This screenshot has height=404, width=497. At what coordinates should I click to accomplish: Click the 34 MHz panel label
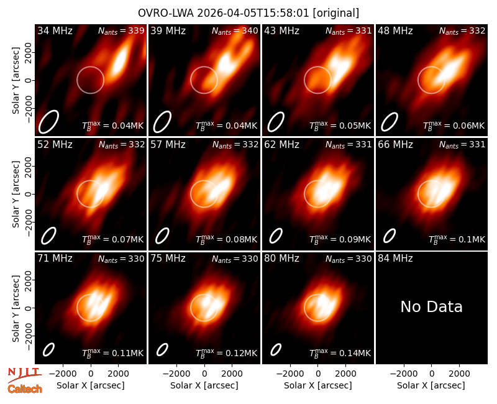coord(55,30)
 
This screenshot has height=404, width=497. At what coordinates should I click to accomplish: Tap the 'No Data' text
coord(431,306)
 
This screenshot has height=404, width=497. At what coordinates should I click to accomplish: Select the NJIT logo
coord(24,375)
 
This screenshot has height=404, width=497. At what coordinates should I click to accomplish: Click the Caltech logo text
coord(25,389)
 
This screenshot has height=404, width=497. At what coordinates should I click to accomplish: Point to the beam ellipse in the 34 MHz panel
coord(49,122)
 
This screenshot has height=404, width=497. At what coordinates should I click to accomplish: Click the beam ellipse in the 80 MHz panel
coord(276,349)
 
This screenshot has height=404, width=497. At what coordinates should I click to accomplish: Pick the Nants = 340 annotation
coord(235,30)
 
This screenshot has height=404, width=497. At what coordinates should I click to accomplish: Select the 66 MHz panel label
coord(395,145)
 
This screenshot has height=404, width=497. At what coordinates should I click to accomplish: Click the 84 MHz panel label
coord(395,259)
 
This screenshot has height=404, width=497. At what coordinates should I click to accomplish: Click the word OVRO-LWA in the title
coord(166,13)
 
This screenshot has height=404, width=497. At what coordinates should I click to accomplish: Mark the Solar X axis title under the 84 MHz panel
coord(431,385)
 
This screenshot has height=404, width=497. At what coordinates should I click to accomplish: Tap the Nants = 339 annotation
coord(121,30)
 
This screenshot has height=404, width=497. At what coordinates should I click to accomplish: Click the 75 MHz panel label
coord(168,259)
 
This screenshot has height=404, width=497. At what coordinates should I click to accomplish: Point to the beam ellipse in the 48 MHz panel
coord(390,122)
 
